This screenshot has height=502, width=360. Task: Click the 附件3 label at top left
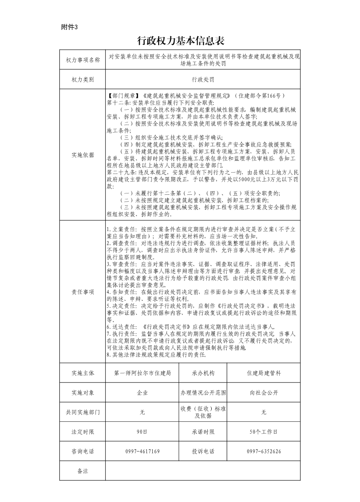tap(69, 27)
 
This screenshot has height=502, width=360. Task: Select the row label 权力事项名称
tap(83, 60)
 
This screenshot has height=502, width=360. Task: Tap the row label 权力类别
tap(83, 79)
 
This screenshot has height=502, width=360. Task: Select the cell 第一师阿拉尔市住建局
tap(142, 373)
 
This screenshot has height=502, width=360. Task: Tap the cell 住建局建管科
tap(264, 373)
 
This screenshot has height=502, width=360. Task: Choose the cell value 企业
tap(142, 393)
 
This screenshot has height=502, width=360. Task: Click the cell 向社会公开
tap(264, 393)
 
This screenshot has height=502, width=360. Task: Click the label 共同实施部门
tap(83, 412)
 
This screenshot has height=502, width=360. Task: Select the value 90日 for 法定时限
tap(142, 432)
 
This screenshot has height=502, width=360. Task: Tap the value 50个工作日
tap(264, 432)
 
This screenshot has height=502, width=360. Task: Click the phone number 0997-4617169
tap(142, 451)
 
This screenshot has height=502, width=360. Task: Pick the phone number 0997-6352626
tap(264, 451)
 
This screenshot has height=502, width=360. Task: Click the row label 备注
tap(83, 471)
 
